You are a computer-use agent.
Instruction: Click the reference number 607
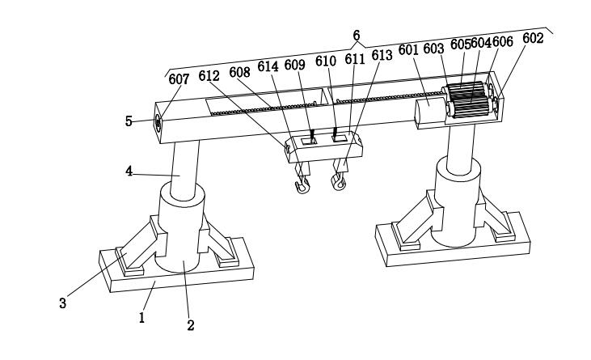tap(179, 79)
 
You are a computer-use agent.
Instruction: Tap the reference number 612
tap(209, 75)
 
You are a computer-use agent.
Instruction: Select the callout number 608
tap(239, 71)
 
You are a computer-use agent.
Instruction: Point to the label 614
tap(268, 66)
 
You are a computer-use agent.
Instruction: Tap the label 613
tap(382, 54)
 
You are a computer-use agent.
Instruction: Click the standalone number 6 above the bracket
tap(356, 35)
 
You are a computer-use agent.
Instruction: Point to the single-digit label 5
tap(129, 122)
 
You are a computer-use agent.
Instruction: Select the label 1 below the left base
tap(141, 317)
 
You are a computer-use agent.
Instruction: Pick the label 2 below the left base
tap(191, 325)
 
